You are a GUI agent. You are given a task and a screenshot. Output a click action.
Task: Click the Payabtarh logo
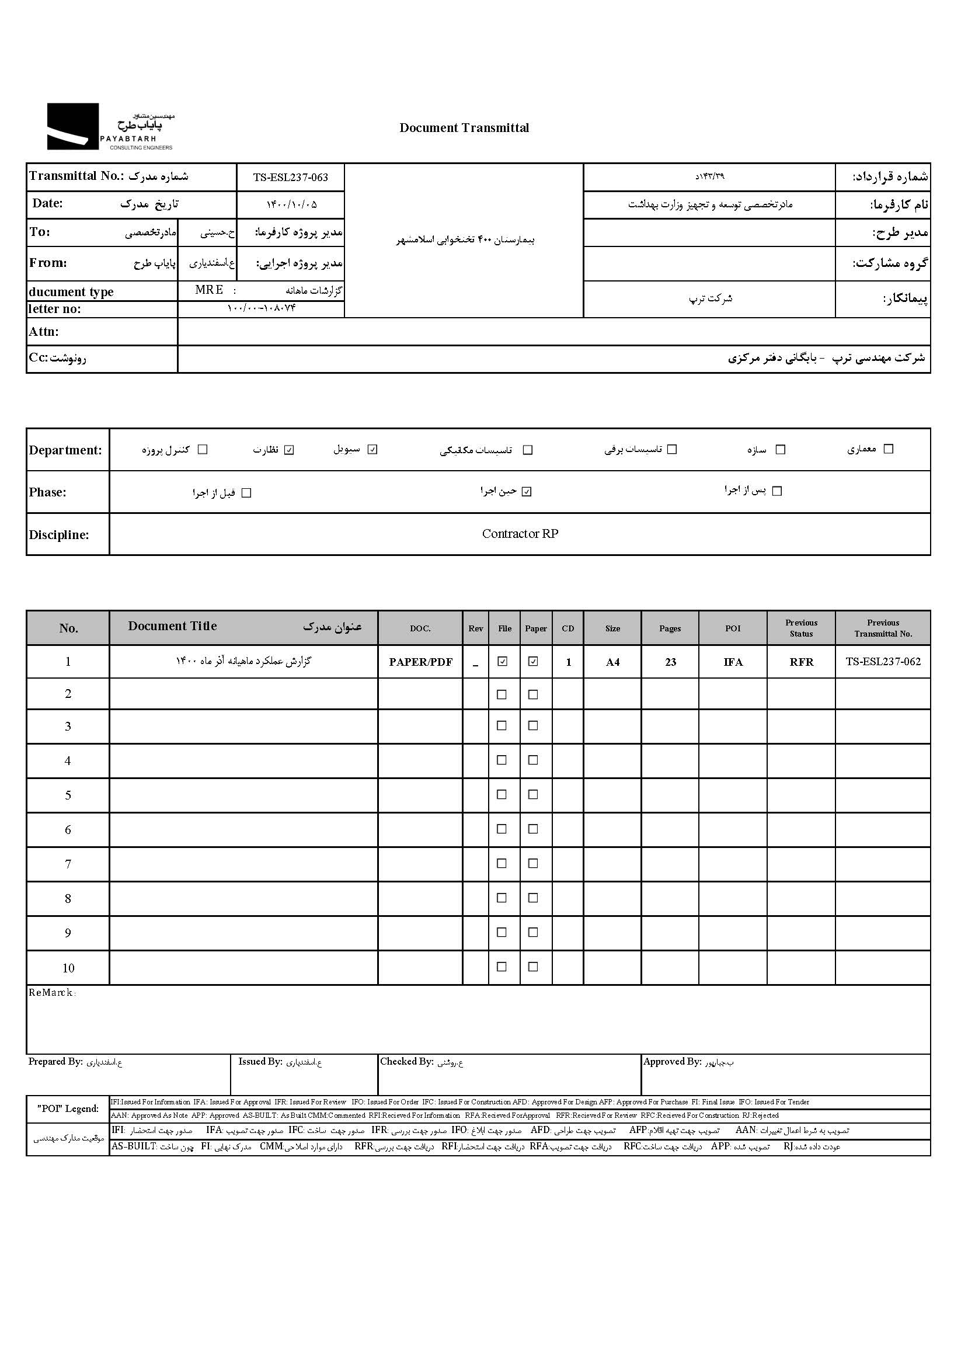point(110,127)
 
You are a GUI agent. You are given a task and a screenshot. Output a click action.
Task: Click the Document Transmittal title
point(464,128)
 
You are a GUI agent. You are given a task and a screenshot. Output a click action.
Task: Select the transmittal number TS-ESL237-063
point(290,178)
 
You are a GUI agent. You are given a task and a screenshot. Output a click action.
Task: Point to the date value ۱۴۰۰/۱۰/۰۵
point(291,205)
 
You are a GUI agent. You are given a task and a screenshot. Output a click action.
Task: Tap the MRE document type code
point(209,290)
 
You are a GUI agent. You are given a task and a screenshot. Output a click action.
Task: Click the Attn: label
point(44,332)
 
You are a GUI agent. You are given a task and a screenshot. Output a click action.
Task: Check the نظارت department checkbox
point(289,450)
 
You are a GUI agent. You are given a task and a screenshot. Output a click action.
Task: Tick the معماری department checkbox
point(888,449)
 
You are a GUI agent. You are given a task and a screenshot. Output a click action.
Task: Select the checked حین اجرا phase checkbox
point(527,492)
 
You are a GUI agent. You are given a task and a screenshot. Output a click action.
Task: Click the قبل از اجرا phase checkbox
point(247,493)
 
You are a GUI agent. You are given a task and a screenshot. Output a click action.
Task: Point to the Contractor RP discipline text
point(520,534)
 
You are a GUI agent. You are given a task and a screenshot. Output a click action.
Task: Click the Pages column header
point(670,628)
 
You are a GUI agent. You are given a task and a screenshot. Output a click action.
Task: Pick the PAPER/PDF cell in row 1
point(420,662)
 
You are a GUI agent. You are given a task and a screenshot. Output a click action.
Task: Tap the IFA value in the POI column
point(733,662)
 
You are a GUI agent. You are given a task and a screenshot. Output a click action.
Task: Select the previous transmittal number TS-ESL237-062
point(883,662)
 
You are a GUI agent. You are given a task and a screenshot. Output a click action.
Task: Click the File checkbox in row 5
point(502,794)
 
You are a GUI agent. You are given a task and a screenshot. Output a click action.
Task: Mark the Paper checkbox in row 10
point(533,967)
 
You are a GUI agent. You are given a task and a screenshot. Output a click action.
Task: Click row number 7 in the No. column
point(68,864)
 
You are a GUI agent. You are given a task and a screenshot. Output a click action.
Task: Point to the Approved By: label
point(672,1062)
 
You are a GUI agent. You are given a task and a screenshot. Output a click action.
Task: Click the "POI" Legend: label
point(68,1108)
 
